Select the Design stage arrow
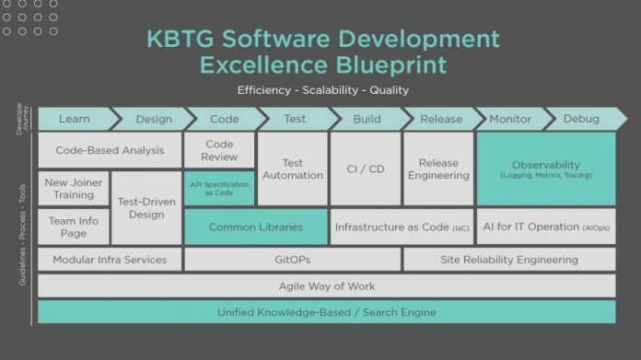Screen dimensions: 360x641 [x=153, y=120]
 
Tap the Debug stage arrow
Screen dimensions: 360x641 [x=580, y=120]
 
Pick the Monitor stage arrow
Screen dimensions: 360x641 [x=509, y=120]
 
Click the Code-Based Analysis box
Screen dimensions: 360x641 [x=110, y=150]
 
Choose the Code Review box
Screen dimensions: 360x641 [x=219, y=151]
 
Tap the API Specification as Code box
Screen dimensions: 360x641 [x=219, y=188]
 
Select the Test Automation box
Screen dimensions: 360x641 [x=292, y=168]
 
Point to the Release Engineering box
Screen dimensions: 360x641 [x=437, y=168]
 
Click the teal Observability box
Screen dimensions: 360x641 [x=546, y=168]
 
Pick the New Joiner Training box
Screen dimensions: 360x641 [x=74, y=189]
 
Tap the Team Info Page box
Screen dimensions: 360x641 [x=74, y=226]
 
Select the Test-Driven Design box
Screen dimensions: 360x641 [x=146, y=207]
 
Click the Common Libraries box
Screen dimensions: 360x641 [x=255, y=226]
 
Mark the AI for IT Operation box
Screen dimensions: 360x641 [x=546, y=226]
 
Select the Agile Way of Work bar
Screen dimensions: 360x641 [x=327, y=286]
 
